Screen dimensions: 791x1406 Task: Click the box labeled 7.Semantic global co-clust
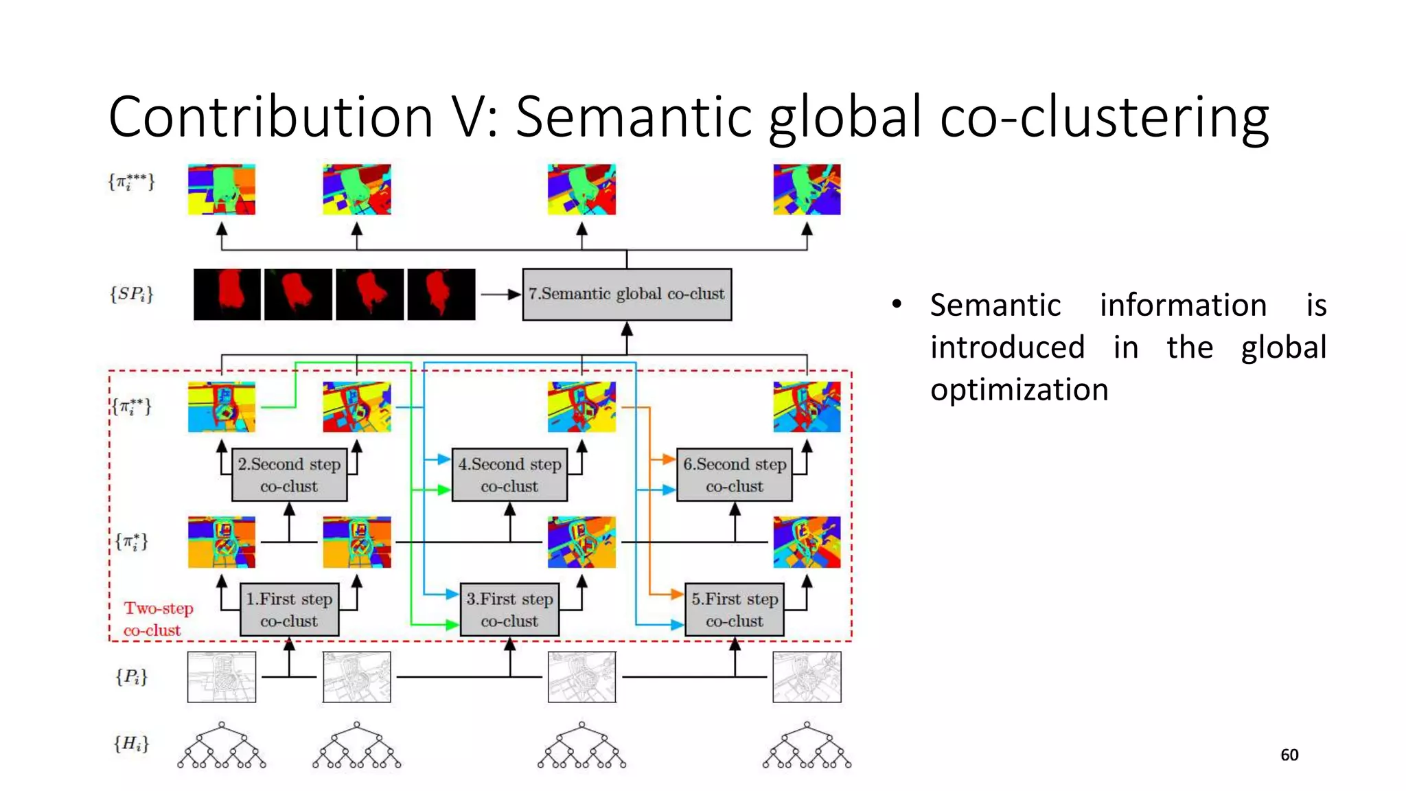tap(627, 295)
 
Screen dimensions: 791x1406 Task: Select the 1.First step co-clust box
tap(289, 610)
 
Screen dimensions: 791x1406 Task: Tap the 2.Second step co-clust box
tap(289, 474)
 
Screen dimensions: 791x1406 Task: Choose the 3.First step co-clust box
tap(509, 610)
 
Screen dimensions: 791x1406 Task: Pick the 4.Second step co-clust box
tap(509, 474)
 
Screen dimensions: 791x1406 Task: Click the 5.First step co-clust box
tap(734, 610)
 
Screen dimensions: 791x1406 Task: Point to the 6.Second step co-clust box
tap(734, 474)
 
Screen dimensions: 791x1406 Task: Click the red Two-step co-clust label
tap(158, 619)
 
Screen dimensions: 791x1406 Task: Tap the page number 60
tap(1289, 755)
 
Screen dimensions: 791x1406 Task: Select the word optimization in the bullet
tap(1019, 390)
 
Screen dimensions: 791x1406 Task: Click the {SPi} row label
tap(131, 295)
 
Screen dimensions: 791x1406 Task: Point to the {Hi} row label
tap(131, 744)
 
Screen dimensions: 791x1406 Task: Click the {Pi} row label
tap(131, 677)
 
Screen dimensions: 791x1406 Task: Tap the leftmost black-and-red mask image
tap(227, 295)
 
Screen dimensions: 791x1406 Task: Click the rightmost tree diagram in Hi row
tap(807, 746)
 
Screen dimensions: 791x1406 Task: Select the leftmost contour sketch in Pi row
tap(222, 677)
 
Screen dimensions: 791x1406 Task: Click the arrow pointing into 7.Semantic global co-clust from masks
tap(500, 295)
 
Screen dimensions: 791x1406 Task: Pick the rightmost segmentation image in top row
tap(807, 190)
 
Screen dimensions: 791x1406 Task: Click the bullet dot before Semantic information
tap(897, 304)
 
